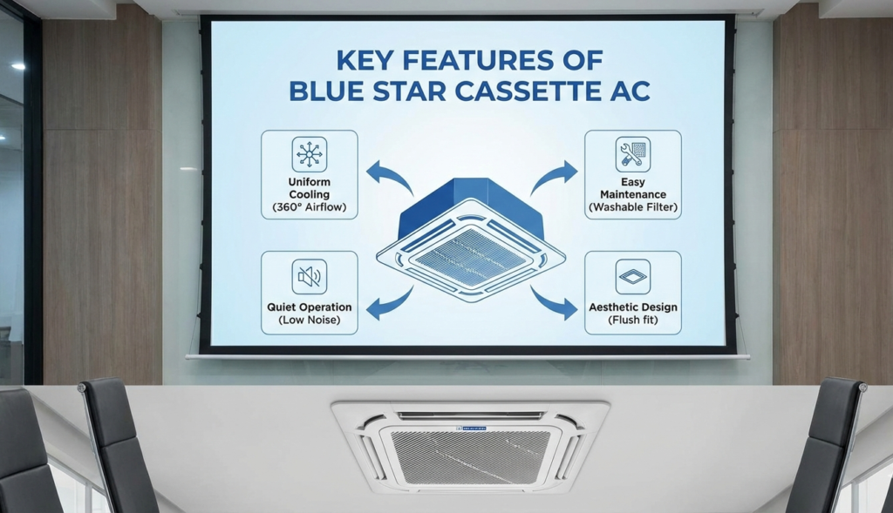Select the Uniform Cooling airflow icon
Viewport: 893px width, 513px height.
click(x=309, y=154)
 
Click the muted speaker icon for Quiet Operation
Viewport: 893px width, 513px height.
click(x=309, y=276)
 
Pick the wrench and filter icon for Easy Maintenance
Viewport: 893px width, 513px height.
click(x=632, y=154)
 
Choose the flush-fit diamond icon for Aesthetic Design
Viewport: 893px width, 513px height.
click(x=632, y=276)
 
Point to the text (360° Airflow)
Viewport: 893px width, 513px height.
click(x=309, y=207)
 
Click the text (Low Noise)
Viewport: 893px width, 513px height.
click(x=309, y=321)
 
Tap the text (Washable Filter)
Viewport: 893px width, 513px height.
click(x=633, y=207)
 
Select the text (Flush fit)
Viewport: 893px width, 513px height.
click(x=632, y=321)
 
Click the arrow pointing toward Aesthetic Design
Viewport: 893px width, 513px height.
click(x=555, y=303)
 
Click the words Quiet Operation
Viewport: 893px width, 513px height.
click(x=309, y=307)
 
